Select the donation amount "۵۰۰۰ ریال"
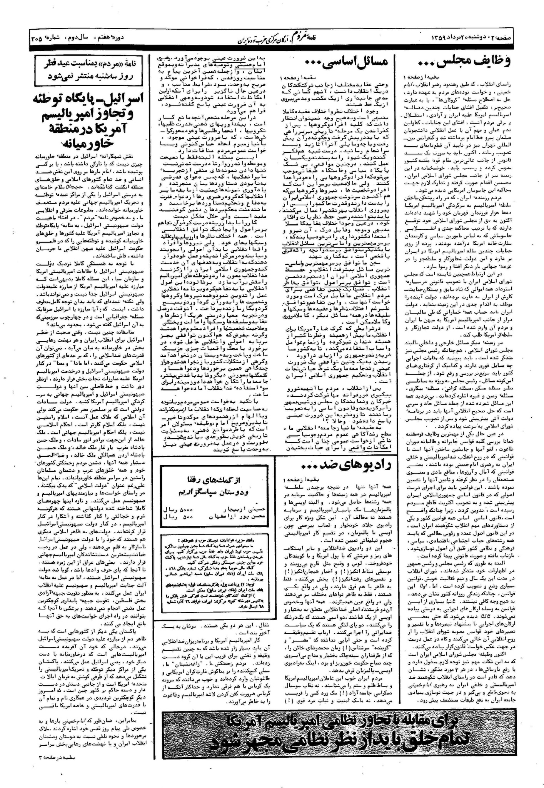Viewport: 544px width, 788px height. (175, 509)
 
